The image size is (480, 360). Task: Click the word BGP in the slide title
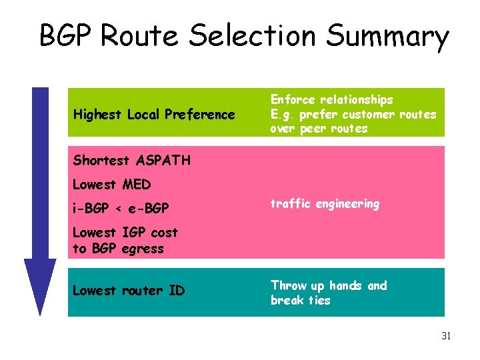pos(69,36)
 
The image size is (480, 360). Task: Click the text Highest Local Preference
pos(153,115)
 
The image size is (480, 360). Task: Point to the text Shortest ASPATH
pos(131,160)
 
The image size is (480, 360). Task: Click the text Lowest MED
pos(111,184)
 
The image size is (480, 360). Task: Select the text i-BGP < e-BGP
pos(121,209)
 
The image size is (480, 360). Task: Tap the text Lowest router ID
pos(128,291)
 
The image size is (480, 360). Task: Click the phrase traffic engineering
pos(325,204)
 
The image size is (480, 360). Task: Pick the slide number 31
pos(446,336)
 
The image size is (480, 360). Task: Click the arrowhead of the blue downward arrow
pos(40,286)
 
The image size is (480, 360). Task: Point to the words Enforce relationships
pos(331,99)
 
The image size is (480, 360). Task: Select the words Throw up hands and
pos(328,285)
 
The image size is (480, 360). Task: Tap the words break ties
pos(300,300)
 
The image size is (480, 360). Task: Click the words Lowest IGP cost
pos(125,233)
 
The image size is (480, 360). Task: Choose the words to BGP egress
pos(118,248)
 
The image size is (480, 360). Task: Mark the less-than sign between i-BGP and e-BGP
pos(118,209)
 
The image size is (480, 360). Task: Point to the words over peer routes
pos(319,129)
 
